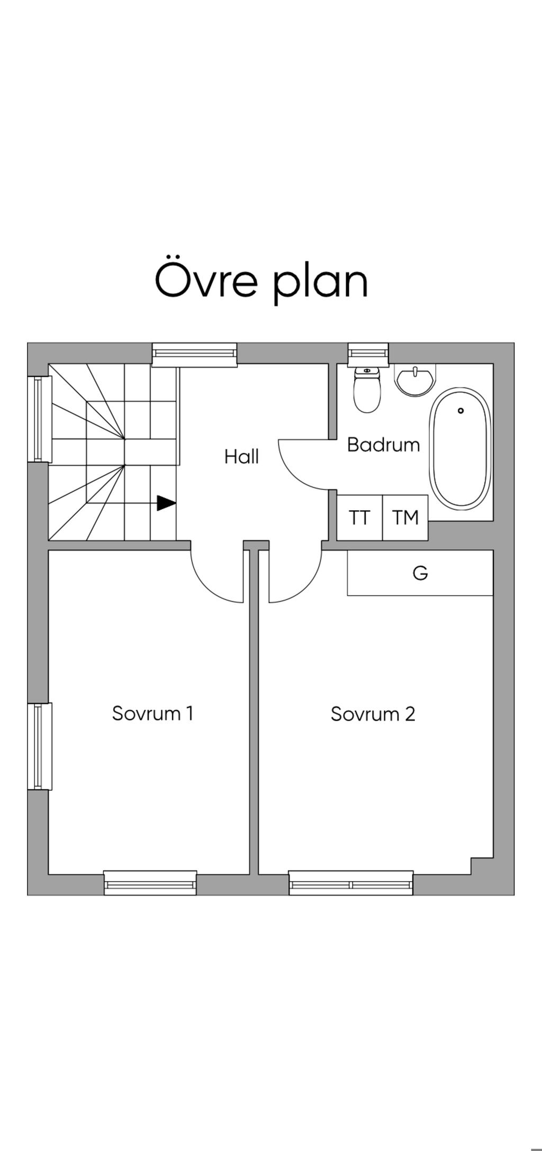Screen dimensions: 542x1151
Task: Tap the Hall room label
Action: click(241, 456)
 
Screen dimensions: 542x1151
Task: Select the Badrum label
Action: click(383, 444)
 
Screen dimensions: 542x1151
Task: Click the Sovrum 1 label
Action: click(152, 713)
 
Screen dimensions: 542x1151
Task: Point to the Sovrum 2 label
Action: click(373, 714)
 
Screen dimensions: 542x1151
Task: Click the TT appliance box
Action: click(359, 518)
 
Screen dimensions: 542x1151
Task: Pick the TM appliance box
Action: click(405, 518)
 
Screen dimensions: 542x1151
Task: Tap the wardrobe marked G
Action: click(420, 573)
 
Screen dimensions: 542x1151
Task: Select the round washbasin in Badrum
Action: click(415, 379)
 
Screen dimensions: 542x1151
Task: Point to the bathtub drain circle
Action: click(461, 411)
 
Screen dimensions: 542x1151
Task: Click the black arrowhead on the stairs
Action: click(166, 503)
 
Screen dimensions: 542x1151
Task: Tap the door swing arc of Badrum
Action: click(294, 471)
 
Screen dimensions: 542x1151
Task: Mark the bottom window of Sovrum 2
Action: click(351, 882)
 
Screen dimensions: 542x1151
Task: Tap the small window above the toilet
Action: click(368, 354)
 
